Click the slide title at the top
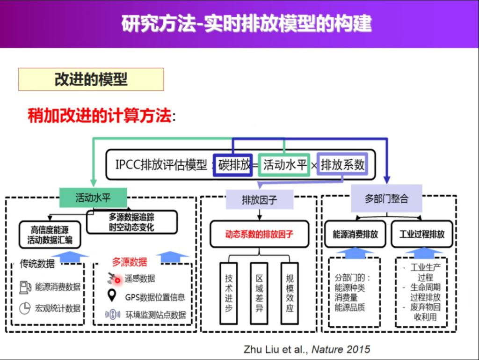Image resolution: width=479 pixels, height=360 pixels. [247, 23]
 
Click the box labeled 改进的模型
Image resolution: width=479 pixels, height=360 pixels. [91, 80]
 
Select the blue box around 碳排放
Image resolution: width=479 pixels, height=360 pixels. [233, 165]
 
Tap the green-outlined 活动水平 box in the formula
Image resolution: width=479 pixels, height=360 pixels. [284, 165]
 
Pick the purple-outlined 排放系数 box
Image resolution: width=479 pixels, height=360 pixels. [342, 165]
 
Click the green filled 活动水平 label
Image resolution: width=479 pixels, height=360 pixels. [93, 198]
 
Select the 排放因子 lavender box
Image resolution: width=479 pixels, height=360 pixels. [260, 200]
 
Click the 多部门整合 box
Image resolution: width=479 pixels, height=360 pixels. [386, 198]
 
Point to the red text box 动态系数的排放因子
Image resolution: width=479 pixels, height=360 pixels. [260, 234]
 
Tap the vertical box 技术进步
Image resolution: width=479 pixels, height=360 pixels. [229, 294]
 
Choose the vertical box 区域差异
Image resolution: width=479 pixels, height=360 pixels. [259, 294]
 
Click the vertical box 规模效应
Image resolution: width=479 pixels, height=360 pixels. [290, 294]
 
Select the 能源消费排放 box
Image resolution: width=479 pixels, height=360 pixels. [356, 234]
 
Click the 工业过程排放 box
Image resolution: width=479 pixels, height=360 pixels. [422, 234]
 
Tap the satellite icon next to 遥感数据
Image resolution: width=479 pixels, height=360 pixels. [114, 279]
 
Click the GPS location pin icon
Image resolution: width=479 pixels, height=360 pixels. [112, 296]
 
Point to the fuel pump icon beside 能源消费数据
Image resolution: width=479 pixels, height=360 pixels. [25, 287]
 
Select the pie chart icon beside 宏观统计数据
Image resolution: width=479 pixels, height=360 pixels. [25, 308]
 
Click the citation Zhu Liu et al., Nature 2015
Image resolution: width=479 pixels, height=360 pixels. [306, 349]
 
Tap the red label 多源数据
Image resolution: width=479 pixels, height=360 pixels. [129, 262]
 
